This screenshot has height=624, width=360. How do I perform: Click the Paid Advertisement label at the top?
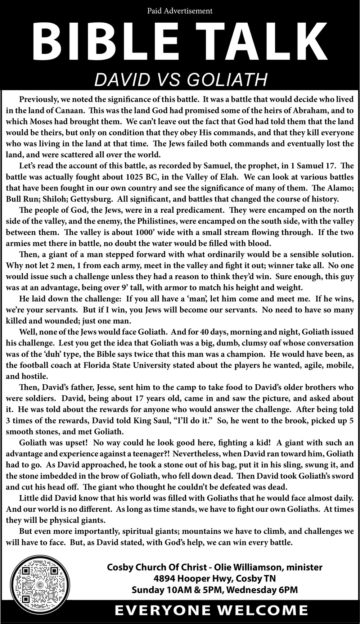(180, 11)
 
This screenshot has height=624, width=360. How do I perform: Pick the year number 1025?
(138, 177)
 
